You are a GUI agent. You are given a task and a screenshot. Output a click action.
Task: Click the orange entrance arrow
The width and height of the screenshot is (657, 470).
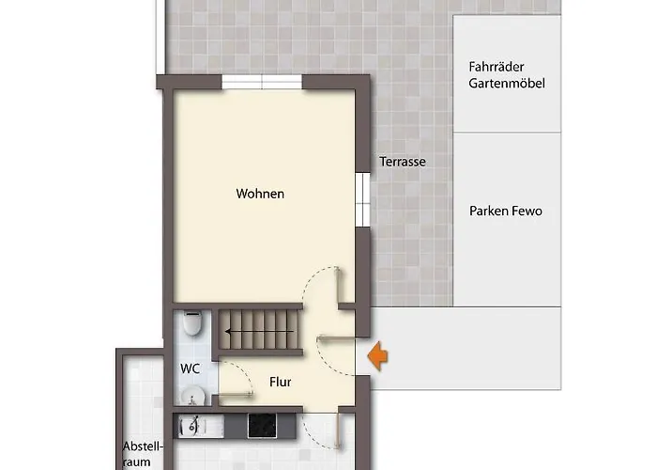[378, 356]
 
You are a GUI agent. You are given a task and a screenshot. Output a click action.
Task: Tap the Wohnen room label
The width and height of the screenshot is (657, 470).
[260, 195]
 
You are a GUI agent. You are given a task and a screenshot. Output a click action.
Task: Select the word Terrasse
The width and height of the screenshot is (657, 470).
[403, 162]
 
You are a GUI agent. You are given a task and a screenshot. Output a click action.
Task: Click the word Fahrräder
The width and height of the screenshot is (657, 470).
[497, 67]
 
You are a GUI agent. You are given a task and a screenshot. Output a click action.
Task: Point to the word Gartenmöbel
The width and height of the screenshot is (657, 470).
[507, 84]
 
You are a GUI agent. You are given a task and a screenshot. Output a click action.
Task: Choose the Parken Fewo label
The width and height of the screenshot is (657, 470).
[506, 211]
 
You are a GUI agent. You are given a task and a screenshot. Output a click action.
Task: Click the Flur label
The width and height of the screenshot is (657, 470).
[280, 383]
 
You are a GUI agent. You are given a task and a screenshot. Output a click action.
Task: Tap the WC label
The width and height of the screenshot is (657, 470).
[191, 368]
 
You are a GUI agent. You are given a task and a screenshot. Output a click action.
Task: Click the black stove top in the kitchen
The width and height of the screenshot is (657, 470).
[271, 426]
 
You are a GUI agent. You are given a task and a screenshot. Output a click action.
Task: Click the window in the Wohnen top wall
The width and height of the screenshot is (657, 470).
[262, 84]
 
